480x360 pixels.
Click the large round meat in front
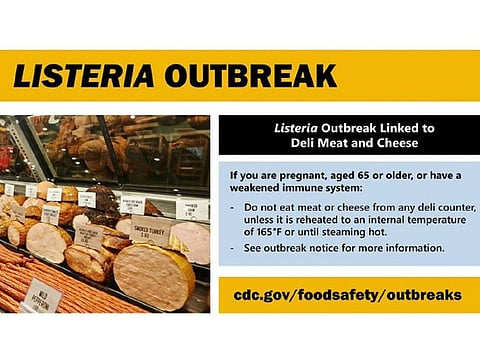pos(150,276)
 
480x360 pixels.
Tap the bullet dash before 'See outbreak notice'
pos(232,248)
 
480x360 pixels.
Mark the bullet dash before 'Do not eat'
pos(232,205)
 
